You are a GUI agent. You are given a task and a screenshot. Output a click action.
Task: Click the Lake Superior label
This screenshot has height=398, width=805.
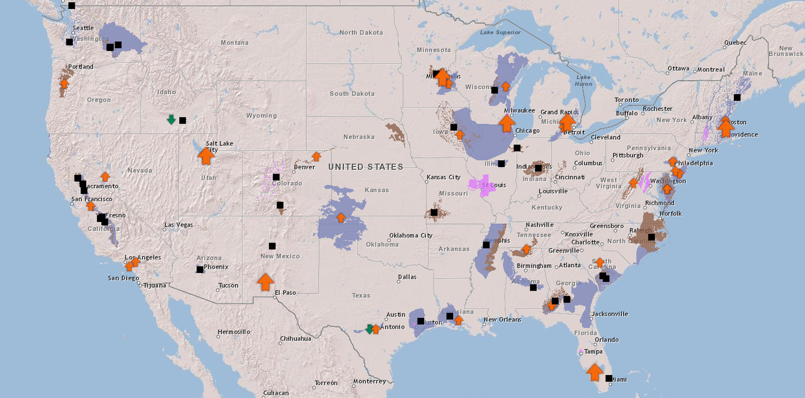(500, 32)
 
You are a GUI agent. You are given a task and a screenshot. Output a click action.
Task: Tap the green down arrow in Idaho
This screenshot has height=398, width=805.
(171, 119)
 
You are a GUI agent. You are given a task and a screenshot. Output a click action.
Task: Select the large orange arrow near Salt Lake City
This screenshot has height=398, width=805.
(206, 156)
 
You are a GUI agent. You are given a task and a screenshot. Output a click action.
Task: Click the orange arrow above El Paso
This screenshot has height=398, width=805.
(265, 282)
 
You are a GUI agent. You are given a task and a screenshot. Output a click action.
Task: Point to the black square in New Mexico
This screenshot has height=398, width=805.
(272, 246)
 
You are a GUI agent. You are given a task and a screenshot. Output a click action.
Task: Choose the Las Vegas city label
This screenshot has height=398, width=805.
(179, 225)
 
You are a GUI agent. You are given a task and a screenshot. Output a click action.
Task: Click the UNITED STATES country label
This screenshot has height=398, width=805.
(366, 167)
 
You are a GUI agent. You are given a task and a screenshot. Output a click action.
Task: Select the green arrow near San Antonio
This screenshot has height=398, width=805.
(369, 329)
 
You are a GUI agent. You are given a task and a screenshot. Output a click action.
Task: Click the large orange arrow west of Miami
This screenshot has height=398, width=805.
(595, 372)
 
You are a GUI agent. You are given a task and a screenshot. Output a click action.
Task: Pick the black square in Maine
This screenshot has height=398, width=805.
(737, 97)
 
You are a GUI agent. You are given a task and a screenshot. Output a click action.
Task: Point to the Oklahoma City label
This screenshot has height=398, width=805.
(411, 235)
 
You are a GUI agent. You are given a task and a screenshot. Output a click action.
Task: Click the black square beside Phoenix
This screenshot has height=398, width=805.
(200, 270)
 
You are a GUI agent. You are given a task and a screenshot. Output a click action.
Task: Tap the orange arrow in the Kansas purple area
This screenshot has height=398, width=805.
(341, 218)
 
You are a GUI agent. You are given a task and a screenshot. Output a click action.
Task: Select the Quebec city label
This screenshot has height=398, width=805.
(735, 43)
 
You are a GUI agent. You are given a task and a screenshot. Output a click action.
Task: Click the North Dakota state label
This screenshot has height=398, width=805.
(361, 33)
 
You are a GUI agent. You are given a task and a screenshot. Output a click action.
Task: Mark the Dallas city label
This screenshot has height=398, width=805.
(407, 277)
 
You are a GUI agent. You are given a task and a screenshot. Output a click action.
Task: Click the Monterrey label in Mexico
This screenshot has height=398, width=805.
(369, 381)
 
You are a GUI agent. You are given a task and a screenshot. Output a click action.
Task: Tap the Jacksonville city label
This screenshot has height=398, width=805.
(609, 314)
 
